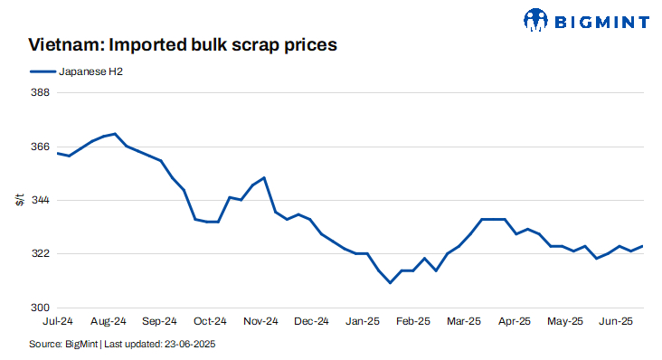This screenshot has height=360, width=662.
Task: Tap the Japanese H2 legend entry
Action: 90,71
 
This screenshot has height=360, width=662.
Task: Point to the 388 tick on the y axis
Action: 39,93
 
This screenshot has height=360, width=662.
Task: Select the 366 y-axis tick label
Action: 39,147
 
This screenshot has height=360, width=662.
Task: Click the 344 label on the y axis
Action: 39,200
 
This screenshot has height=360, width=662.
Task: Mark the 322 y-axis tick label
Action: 39,253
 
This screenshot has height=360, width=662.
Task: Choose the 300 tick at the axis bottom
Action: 39,307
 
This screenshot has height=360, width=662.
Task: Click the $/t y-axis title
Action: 19,200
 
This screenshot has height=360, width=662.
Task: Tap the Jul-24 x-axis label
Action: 59,321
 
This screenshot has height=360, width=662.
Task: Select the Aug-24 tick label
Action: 109,321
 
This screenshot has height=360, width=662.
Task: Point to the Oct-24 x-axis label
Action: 210,321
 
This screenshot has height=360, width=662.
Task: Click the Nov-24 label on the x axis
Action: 260,321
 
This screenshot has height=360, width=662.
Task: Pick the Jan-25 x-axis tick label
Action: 363,321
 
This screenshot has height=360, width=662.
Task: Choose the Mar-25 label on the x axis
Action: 464,321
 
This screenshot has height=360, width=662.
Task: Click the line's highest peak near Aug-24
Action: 115,134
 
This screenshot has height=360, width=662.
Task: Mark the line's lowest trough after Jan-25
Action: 391,283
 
